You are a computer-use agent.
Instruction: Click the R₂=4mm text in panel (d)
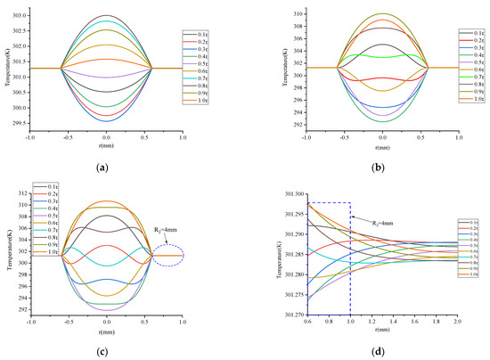pos(369,217)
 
